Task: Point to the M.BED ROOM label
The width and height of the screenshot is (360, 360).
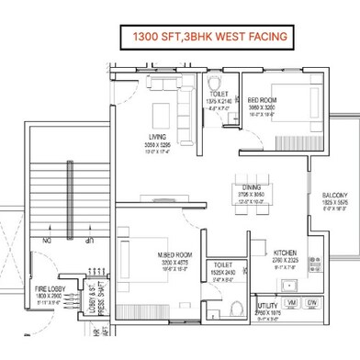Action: [173, 254]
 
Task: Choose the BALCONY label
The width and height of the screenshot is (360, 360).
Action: [334, 195]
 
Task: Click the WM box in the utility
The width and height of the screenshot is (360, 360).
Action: [291, 302]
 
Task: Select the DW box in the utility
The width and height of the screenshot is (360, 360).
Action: [312, 302]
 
